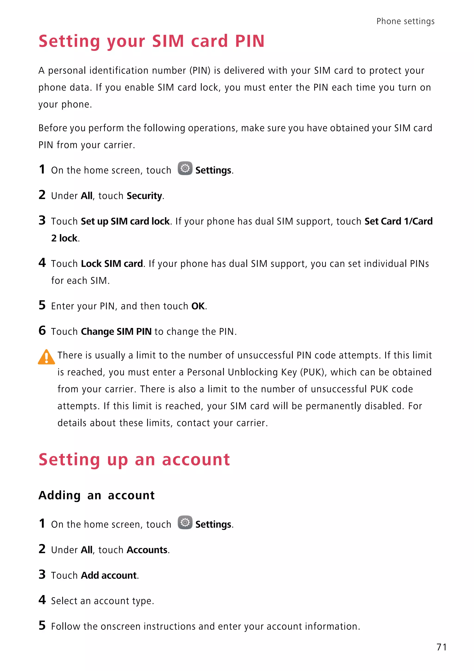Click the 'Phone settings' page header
pyautogui.click(x=405, y=21)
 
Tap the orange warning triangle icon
pyautogui.click(x=46, y=357)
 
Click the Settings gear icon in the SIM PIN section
pyautogui.click(x=185, y=168)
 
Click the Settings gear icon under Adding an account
pyautogui.click(x=185, y=522)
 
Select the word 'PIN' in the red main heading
pyautogui.click(x=250, y=41)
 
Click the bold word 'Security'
pyautogui.click(x=144, y=196)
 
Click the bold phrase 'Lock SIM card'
pyautogui.click(x=112, y=264)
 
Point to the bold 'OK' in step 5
pyautogui.click(x=198, y=306)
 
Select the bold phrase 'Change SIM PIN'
pyautogui.click(x=116, y=332)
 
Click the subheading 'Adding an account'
pyautogui.click(x=97, y=495)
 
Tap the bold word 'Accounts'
pyautogui.click(x=147, y=550)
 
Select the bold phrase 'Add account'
pyautogui.click(x=109, y=575)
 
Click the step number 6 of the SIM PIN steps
pyautogui.click(x=42, y=331)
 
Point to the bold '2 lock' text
pyautogui.click(x=65, y=238)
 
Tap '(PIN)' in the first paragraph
pyautogui.click(x=200, y=71)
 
